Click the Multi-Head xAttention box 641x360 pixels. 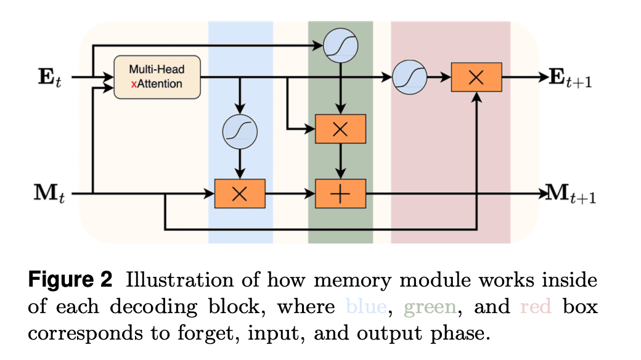tap(157, 78)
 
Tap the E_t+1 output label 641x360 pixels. tap(570, 78)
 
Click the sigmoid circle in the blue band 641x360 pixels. tap(240, 131)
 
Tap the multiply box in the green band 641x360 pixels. tap(340, 129)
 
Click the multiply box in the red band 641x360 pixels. tap(476, 78)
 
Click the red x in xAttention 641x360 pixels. tap(133, 84)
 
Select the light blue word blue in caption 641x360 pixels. tap(367, 306)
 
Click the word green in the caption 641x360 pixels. tap(430, 306)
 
